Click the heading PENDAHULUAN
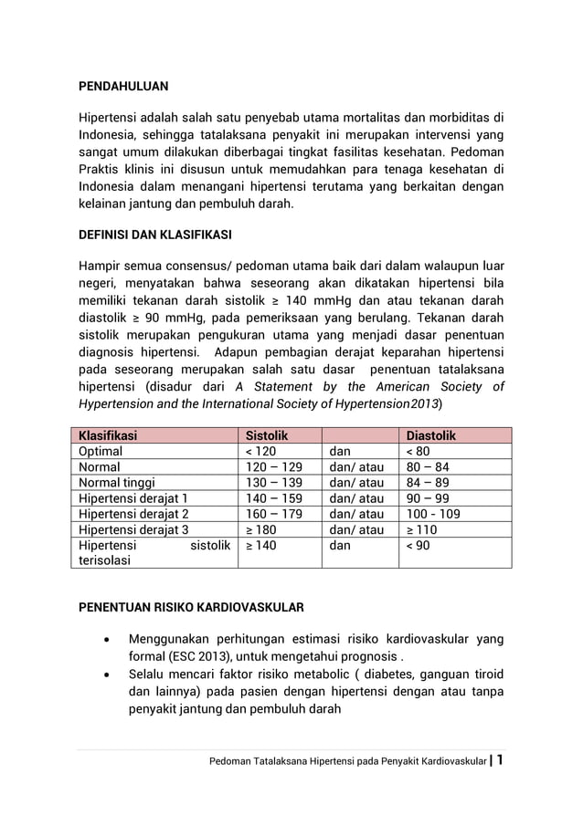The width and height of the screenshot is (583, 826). click(x=122, y=88)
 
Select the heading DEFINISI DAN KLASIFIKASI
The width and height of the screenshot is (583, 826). click(x=154, y=235)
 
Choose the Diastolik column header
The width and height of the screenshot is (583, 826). click(x=431, y=436)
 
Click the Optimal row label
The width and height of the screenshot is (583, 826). click(x=101, y=451)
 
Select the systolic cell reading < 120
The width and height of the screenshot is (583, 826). click(x=260, y=451)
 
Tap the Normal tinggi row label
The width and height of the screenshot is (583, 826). click(x=117, y=483)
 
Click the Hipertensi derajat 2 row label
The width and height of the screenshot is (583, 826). click(x=133, y=514)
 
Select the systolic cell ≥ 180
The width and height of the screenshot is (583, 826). click(x=260, y=529)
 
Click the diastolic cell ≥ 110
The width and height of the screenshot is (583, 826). click(x=422, y=529)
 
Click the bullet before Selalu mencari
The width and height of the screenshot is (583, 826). click(x=108, y=674)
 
